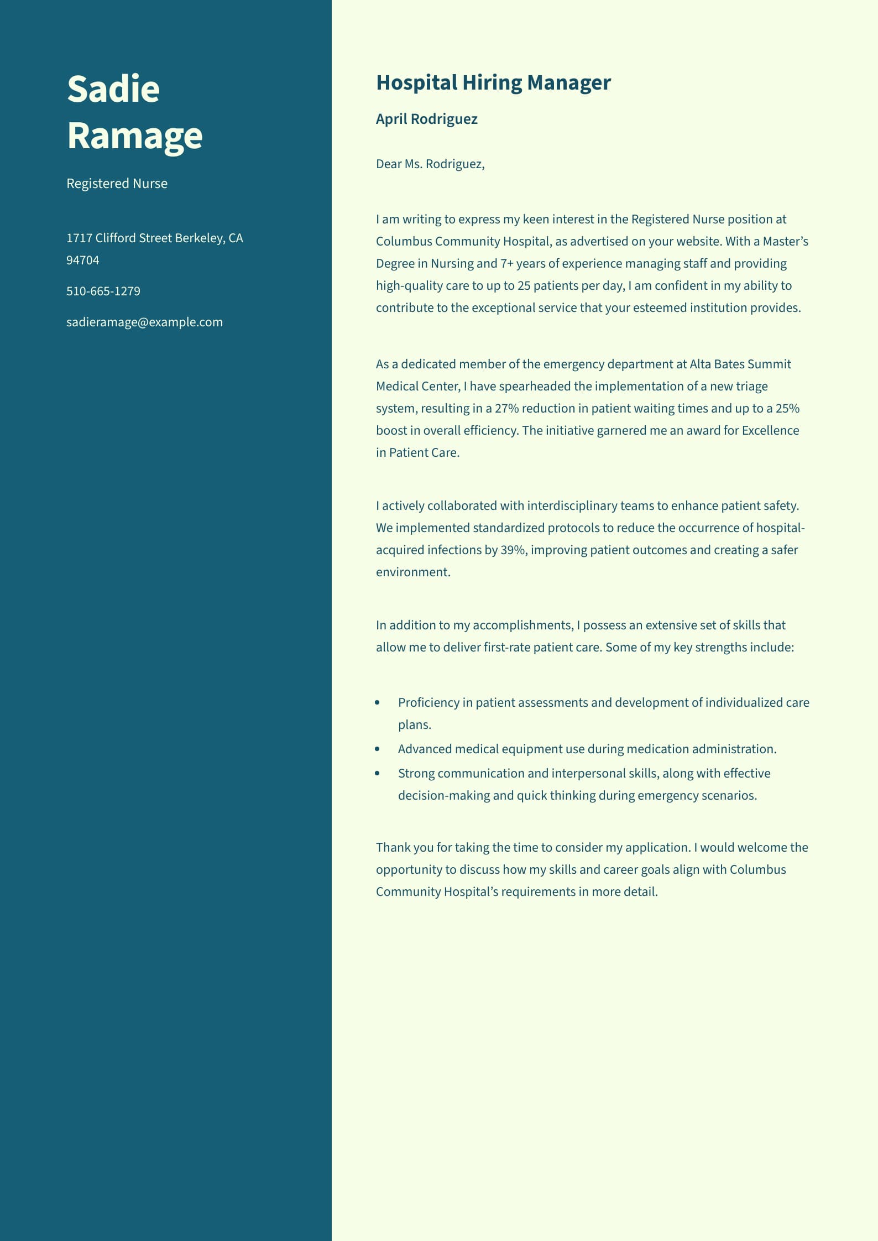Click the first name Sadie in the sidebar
tap(113, 88)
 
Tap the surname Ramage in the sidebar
tap(135, 136)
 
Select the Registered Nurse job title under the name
tap(117, 184)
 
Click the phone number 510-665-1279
tap(103, 291)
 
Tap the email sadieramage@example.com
tap(144, 322)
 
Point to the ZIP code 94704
tap(83, 260)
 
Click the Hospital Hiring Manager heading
tap(493, 83)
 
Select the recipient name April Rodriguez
tap(426, 119)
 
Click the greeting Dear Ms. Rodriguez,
tap(430, 164)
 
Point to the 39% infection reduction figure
tap(512, 550)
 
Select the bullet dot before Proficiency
tap(378, 703)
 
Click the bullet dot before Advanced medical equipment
tap(378, 749)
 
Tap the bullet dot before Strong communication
tap(378, 774)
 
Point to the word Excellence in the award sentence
tap(770, 431)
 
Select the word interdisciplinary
tap(572, 506)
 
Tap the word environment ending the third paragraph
tap(412, 572)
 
